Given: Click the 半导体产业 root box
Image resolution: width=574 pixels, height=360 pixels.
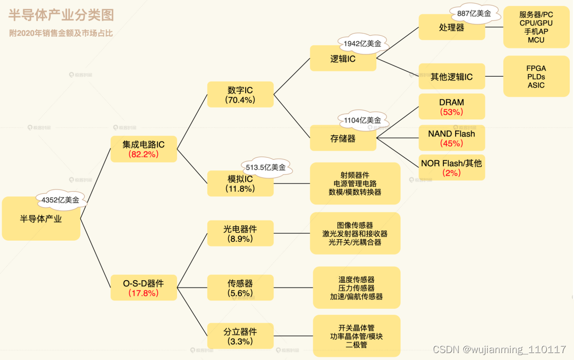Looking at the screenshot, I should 41,218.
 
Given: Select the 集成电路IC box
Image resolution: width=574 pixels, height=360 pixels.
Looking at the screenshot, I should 143,149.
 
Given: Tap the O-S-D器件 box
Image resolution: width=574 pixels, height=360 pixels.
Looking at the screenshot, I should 143,288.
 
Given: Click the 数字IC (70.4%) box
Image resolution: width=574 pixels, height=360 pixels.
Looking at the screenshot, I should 240,95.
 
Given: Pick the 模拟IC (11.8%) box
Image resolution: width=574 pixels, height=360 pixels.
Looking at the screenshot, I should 240,184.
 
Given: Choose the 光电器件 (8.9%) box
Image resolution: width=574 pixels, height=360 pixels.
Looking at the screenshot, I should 240,234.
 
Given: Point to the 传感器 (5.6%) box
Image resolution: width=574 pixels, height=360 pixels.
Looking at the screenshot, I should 240,288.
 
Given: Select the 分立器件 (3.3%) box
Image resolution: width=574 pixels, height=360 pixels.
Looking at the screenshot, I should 240,336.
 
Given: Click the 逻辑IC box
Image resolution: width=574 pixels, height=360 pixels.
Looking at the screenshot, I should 343,59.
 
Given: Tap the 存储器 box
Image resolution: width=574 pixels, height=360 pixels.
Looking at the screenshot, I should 343,138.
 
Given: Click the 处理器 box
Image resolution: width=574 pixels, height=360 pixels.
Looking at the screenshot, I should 451,27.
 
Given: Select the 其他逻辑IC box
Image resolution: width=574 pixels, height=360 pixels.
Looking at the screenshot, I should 451,77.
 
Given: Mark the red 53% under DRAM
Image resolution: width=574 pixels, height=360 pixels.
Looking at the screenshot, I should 451,112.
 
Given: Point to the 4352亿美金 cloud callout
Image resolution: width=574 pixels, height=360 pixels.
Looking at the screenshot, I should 60,200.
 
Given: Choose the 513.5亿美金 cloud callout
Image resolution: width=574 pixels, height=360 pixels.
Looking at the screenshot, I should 265,167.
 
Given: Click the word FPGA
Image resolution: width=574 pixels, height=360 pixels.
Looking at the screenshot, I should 536,69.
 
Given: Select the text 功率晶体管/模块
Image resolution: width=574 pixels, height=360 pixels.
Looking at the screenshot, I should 356,336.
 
